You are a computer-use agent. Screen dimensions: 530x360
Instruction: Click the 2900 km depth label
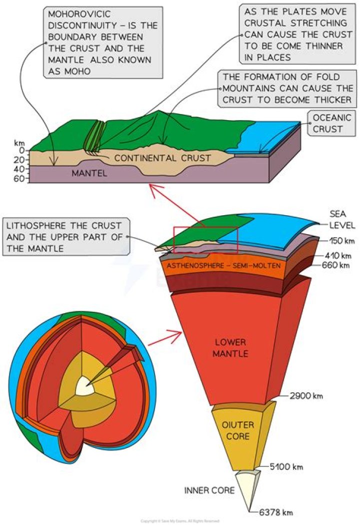click(x=306, y=396)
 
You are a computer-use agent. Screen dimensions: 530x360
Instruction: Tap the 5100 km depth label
click(x=285, y=467)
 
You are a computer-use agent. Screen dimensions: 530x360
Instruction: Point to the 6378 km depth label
click(x=276, y=512)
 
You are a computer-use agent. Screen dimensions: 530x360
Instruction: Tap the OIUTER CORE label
click(x=235, y=431)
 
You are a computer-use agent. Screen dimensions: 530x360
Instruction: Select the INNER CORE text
click(x=209, y=490)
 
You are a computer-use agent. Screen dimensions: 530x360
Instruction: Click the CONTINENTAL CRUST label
click(x=162, y=158)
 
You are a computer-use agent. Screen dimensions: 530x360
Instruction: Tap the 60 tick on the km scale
click(x=19, y=179)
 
